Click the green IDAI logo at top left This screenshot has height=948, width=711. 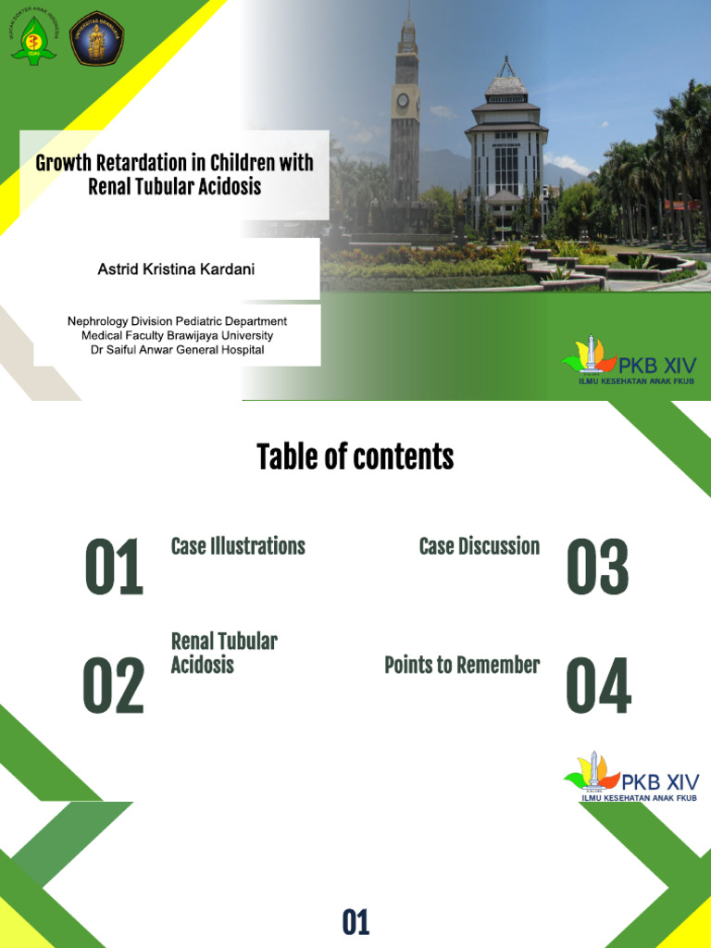pyautogui.click(x=33, y=38)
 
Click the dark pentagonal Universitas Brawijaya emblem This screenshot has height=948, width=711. pyautogui.click(x=97, y=38)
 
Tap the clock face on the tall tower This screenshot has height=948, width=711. pyautogui.click(x=403, y=100)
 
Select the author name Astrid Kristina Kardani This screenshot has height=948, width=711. pyautogui.click(x=176, y=269)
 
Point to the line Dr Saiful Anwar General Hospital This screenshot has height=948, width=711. pyautogui.click(x=177, y=350)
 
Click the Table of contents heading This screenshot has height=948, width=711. pyautogui.click(x=355, y=456)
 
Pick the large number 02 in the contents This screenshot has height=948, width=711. pyautogui.click(x=113, y=686)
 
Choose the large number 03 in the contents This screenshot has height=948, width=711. pyautogui.click(x=597, y=568)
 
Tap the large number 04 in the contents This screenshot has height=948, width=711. pyautogui.click(x=598, y=686)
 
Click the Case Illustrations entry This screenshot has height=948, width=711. pyautogui.click(x=238, y=546)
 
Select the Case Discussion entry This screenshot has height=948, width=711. pyautogui.click(x=479, y=546)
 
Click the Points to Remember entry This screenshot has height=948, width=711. pyautogui.click(x=462, y=665)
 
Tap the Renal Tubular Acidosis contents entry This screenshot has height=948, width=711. pyautogui.click(x=224, y=653)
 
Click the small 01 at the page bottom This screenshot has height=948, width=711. pyautogui.click(x=355, y=922)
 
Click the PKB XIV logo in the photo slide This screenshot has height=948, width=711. pyautogui.click(x=630, y=362)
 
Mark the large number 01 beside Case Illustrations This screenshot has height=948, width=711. pyautogui.click(x=113, y=568)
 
